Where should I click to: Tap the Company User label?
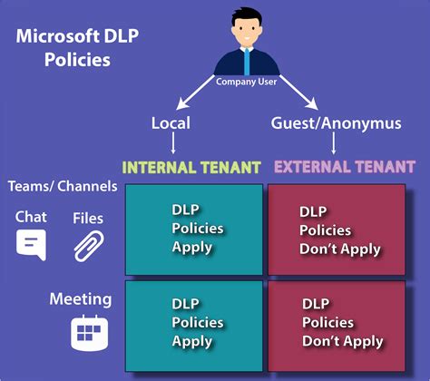click(x=246, y=81)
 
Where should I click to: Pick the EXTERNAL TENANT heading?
click(x=345, y=167)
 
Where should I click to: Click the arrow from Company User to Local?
click(x=200, y=97)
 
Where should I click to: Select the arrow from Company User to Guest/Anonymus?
click(x=291, y=97)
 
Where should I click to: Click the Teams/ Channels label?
click(x=63, y=187)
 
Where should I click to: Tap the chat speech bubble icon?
click(x=31, y=245)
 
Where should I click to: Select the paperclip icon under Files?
click(x=89, y=245)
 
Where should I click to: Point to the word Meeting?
click(x=81, y=298)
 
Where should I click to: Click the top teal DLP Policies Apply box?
click(x=193, y=229)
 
